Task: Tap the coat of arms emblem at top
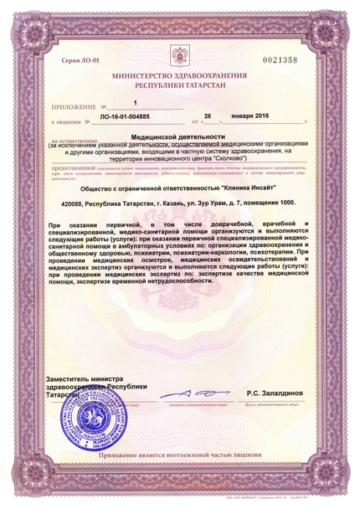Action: click(x=179, y=58)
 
